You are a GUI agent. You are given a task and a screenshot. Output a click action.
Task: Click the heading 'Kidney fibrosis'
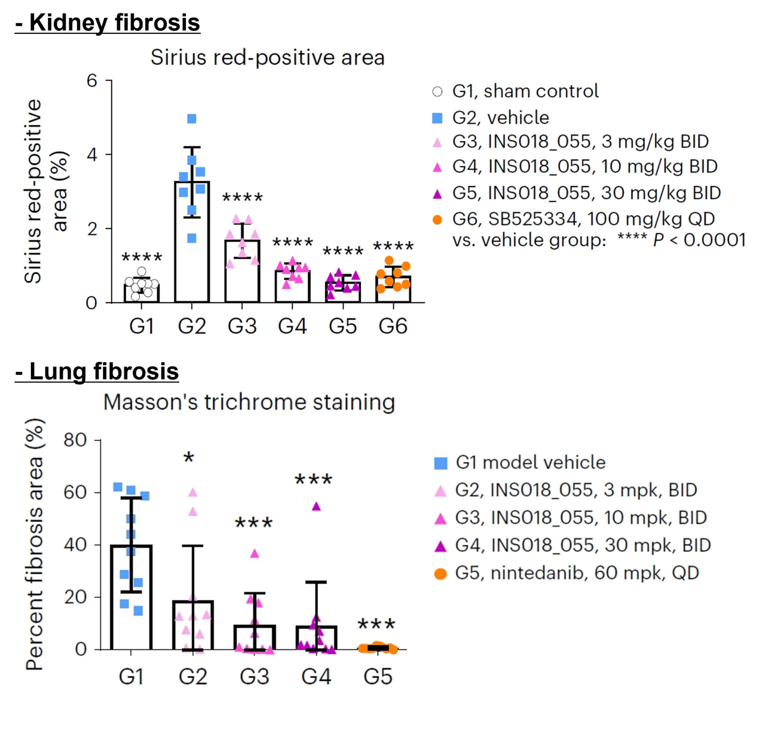[108, 23]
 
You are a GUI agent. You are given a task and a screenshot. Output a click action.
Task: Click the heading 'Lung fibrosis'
[97, 372]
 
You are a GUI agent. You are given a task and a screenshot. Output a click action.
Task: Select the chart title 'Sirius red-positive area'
[267, 58]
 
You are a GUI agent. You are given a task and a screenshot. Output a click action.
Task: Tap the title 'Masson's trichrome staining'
[249, 402]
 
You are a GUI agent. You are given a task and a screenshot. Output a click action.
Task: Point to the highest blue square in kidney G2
[192, 119]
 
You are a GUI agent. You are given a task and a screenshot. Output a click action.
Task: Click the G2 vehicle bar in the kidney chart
[192, 258]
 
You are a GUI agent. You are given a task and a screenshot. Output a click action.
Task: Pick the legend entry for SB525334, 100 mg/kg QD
[583, 219]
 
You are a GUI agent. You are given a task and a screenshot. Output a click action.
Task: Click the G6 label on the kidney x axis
[393, 326]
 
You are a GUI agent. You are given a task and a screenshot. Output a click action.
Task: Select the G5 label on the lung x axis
[378, 677]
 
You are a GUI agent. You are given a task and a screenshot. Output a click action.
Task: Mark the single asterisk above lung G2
[189, 458]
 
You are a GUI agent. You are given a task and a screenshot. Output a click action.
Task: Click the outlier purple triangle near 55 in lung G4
[317, 506]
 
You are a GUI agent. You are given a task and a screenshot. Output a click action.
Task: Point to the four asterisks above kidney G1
[142, 257]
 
